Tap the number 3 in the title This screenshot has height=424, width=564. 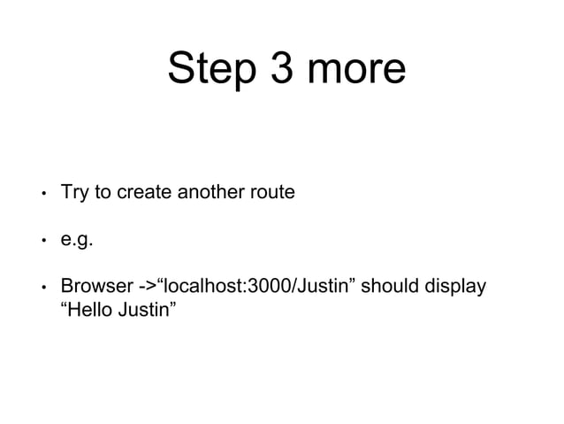pos(281,68)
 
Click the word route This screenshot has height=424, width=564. pos(271,191)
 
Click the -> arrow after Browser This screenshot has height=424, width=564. pos(147,288)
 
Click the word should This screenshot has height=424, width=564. pos(389,288)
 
